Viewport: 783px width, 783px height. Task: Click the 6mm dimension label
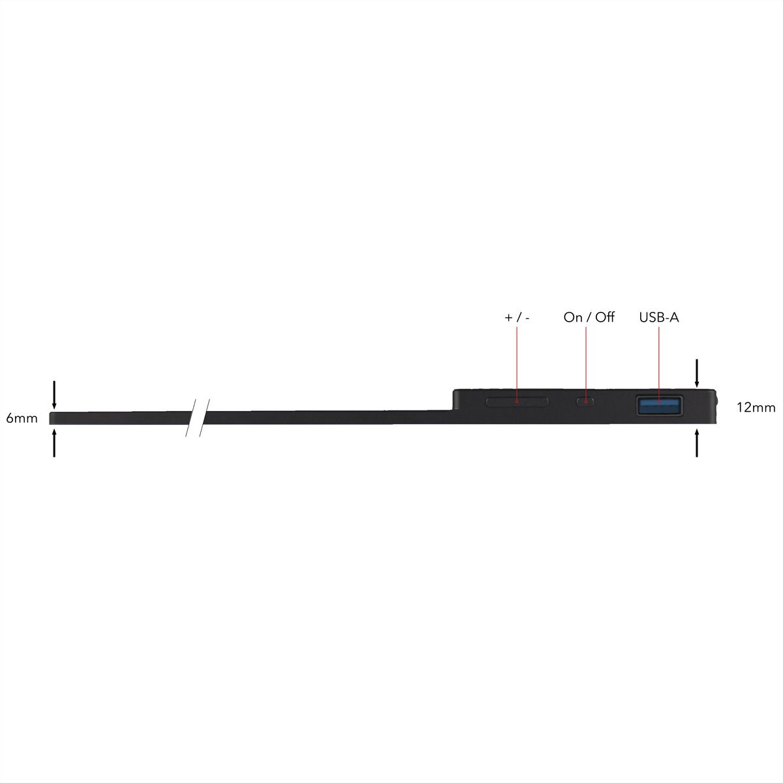[22, 418]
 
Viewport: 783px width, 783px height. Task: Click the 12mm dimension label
[756, 408]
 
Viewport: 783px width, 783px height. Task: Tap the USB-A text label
[658, 317]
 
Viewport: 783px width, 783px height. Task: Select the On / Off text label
[589, 317]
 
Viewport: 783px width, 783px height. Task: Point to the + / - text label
[517, 318]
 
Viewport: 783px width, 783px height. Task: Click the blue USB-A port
[659, 406]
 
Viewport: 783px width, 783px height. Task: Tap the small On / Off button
[585, 402]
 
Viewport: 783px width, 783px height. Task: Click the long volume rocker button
[517, 402]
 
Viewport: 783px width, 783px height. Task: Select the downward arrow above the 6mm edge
[54, 395]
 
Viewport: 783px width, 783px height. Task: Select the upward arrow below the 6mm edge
[54, 443]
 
